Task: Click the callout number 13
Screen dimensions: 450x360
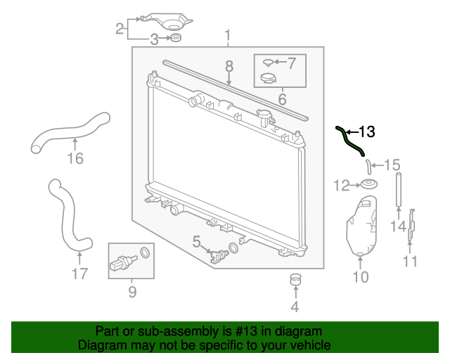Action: pyautogui.click(x=367, y=131)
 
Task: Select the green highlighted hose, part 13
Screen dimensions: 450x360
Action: pyautogui.click(x=349, y=141)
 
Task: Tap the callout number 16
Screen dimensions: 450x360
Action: pyautogui.click(x=75, y=158)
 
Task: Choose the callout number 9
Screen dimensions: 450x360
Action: pyautogui.click(x=132, y=292)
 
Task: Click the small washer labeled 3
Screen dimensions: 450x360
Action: pyautogui.click(x=176, y=37)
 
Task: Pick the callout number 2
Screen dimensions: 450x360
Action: pyautogui.click(x=120, y=29)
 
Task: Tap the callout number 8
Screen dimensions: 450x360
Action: pyautogui.click(x=229, y=67)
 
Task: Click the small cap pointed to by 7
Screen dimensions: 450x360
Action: pyautogui.click(x=269, y=62)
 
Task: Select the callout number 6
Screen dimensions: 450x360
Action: pyautogui.click(x=283, y=99)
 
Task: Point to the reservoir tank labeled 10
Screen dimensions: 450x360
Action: pyautogui.click(x=361, y=226)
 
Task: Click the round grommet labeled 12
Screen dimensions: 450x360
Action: pyautogui.click(x=368, y=184)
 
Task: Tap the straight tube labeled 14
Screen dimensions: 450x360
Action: pyautogui.click(x=399, y=189)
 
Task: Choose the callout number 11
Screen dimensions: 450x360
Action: pyautogui.click(x=410, y=262)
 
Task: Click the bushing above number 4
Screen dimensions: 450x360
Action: pyautogui.click(x=295, y=280)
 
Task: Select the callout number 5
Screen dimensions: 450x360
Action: pyautogui.click(x=196, y=242)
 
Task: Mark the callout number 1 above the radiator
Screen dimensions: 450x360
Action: pyautogui.click(x=228, y=36)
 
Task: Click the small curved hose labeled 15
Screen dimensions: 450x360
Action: pyautogui.click(x=368, y=167)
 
